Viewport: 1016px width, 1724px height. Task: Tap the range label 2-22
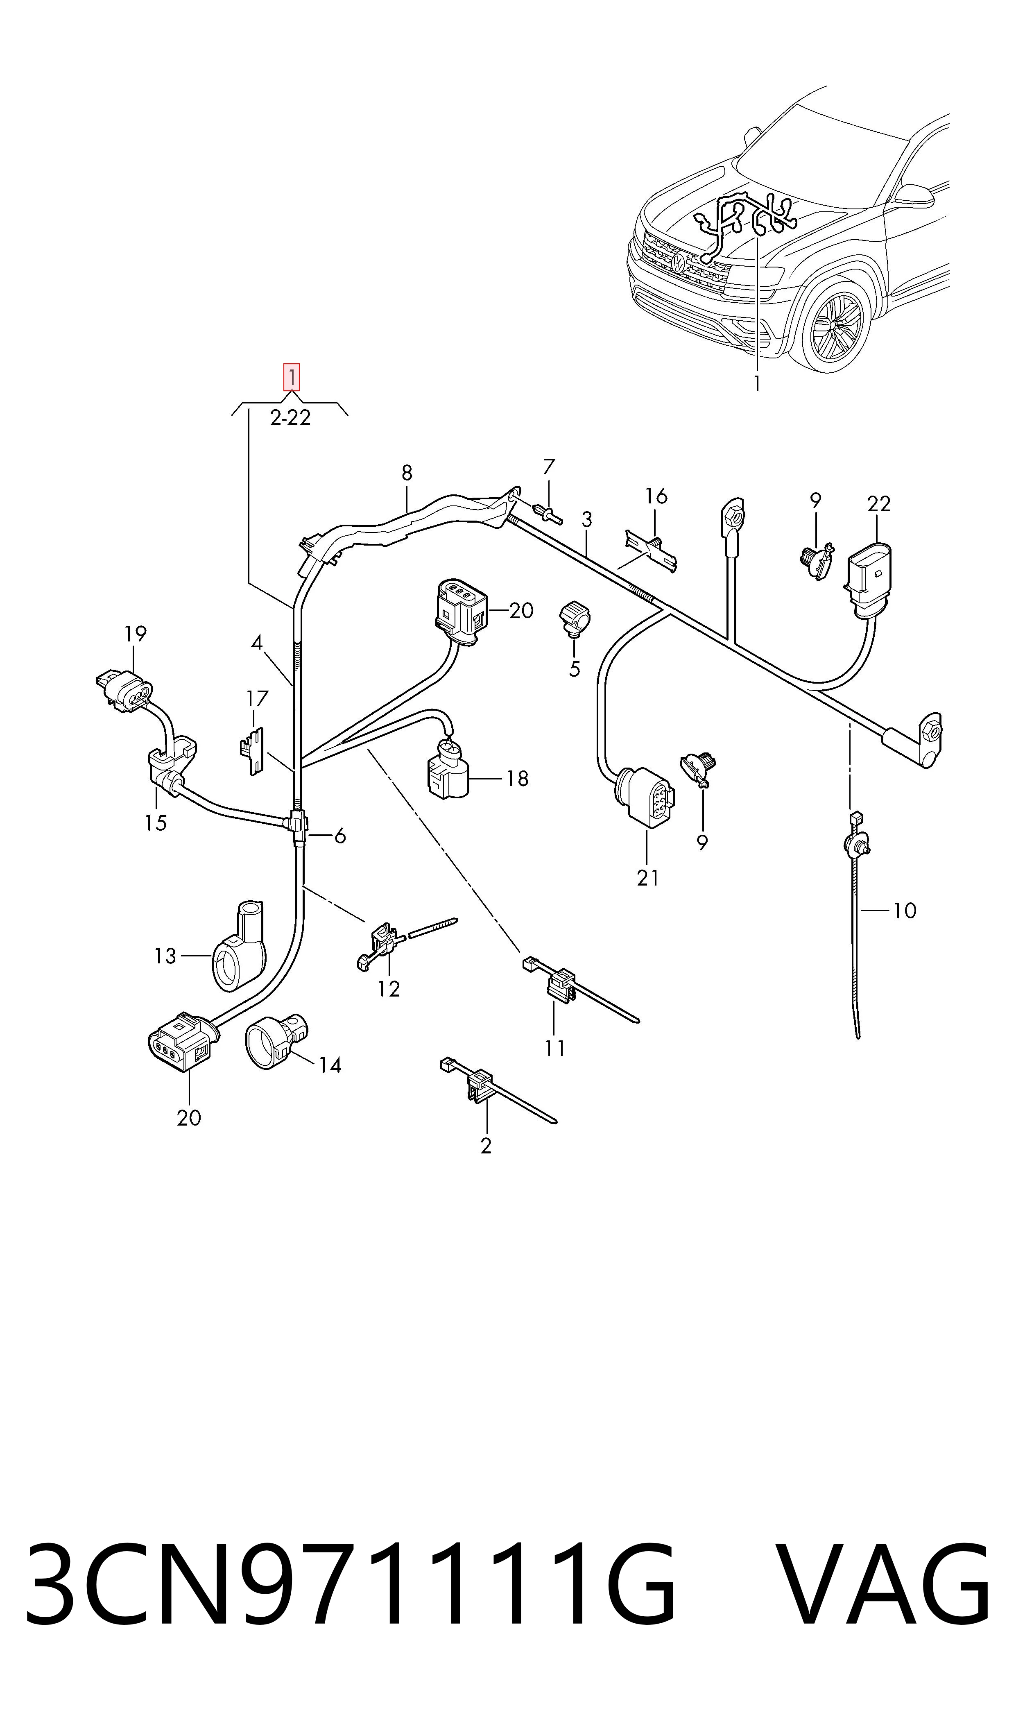pos(290,418)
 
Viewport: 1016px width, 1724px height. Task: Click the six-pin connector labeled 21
pos(646,797)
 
